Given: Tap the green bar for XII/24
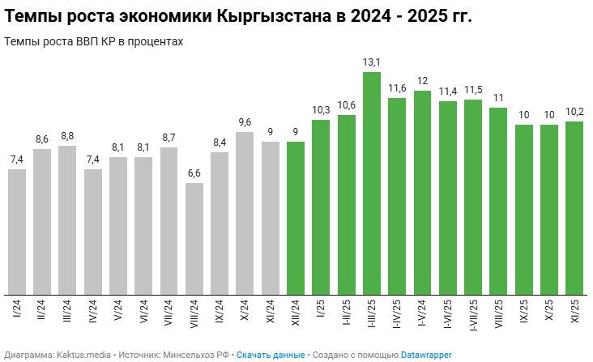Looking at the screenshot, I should tap(296, 219).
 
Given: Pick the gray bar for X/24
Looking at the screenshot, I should tap(245, 214).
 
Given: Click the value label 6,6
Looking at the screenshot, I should tap(194, 173).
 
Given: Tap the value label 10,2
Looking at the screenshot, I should tap(574, 112).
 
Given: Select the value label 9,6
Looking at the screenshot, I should tap(245, 122).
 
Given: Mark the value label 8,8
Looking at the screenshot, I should tap(67, 136).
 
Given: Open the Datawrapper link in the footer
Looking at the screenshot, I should tap(426, 355).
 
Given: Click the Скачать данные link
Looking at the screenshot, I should tap(271, 355).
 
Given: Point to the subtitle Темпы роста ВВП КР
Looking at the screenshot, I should tap(61, 41).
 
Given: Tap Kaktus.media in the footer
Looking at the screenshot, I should tap(88, 355).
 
